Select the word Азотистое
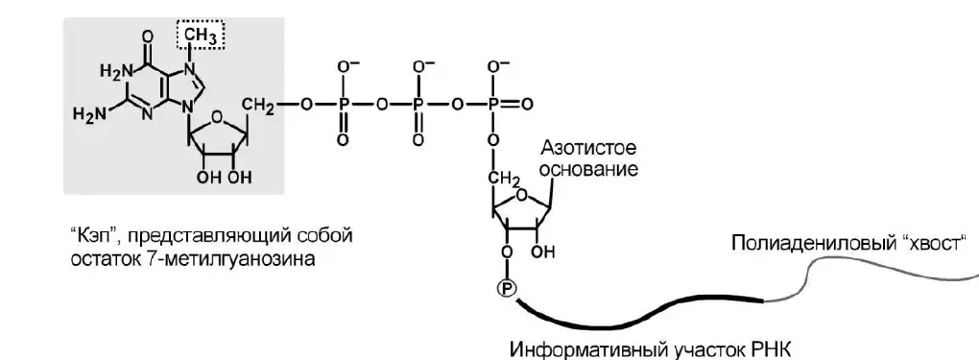tap(588, 149)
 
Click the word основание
tap(589, 169)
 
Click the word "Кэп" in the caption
tap(88, 237)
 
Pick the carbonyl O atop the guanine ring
tap(148, 36)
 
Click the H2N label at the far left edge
tap(87, 114)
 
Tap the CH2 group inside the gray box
tap(256, 105)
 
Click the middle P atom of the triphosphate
tap(418, 104)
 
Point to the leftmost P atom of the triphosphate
tap(342, 104)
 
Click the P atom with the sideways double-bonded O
tap(494, 104)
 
